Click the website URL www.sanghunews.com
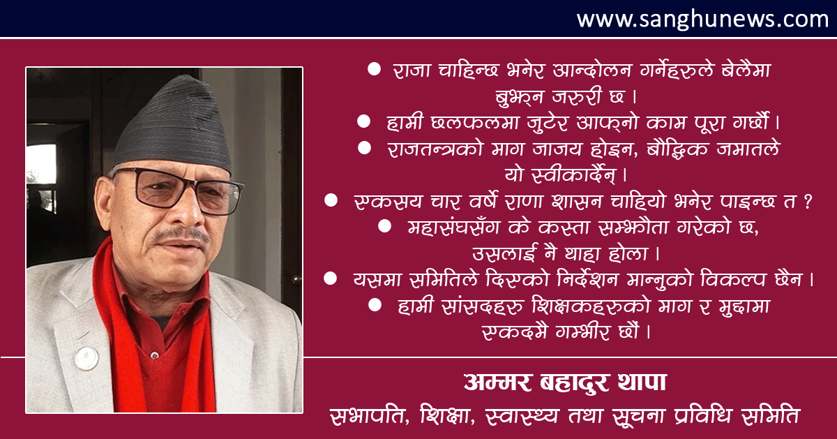[x=702, y=19]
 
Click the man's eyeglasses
[x=179, y=191]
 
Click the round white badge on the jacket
[x=86, y=358]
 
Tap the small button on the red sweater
[x=154, y=354]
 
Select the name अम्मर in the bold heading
[x=497, y=382]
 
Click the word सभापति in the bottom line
[x=369, y=415]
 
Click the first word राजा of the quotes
[x=412, y=70]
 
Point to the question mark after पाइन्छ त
[x=808, y=202]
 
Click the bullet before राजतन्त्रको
[x=364, y=148]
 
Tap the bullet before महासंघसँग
[x=384, y=226]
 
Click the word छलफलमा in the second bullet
[x=474, y=123]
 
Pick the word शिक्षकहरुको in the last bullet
[x=589, y=306]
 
